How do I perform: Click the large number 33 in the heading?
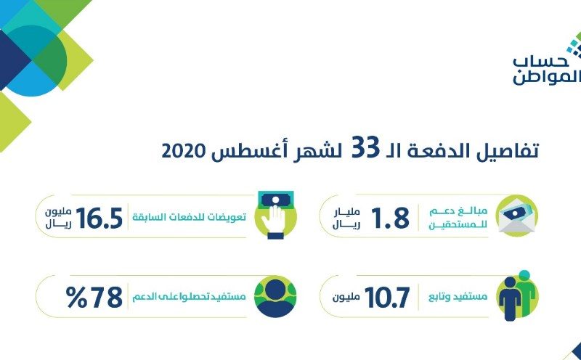click(366, 147)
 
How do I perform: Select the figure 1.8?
click(390, 218)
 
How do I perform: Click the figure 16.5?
click(99, 218)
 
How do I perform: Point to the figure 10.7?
click(387, 298)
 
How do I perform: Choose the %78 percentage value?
click(94, 297)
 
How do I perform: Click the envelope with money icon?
click(516, 216)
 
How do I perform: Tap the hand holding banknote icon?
click(276, 215)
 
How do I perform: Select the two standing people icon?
click(517, 295)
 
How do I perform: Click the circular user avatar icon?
click(275, 297)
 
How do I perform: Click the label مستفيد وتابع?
click(458, 297)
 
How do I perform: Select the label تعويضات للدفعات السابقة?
click(190, 217)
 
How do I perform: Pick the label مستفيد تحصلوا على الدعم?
click(189, 297)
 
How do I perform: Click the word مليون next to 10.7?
click(346, 298)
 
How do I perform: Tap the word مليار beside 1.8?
click(348, 212)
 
